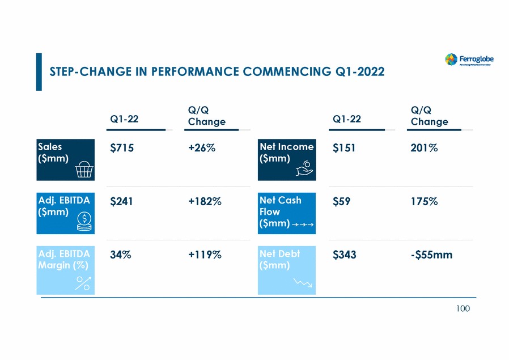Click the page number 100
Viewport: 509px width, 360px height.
463,308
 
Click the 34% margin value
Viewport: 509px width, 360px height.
120,255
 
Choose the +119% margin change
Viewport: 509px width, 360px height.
204,255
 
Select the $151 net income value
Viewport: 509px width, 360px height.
344,147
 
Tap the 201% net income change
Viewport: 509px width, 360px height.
424,147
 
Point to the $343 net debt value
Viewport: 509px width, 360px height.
344,255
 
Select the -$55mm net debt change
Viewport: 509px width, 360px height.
431,255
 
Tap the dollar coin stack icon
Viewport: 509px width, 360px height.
84,221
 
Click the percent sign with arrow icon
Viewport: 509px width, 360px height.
83,283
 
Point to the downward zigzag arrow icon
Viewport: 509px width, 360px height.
303,283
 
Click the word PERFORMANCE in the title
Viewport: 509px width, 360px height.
189,71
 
